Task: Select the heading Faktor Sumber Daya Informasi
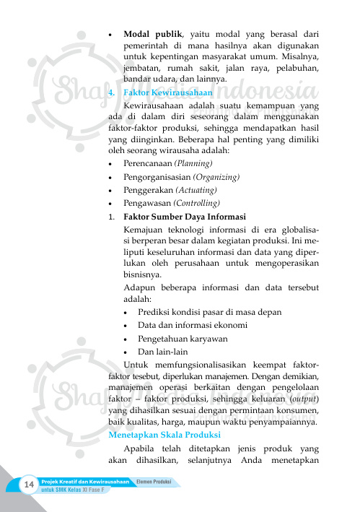(x=185, y=217)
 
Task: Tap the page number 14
(x=30, y=483)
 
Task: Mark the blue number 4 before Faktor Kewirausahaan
(x=110, y=93)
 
